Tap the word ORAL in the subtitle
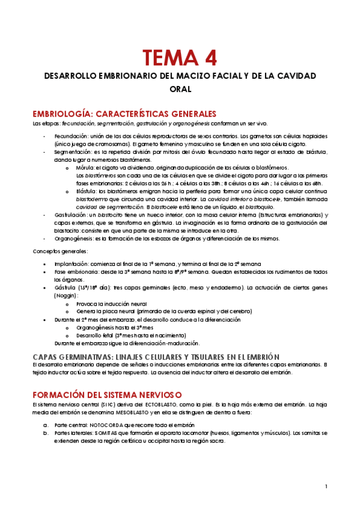pos(180,88)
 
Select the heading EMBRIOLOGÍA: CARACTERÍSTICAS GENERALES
pos(124,114)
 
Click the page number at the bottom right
pos(326,486)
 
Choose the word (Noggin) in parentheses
pos(66,295)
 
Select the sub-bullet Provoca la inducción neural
pos(111,304)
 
